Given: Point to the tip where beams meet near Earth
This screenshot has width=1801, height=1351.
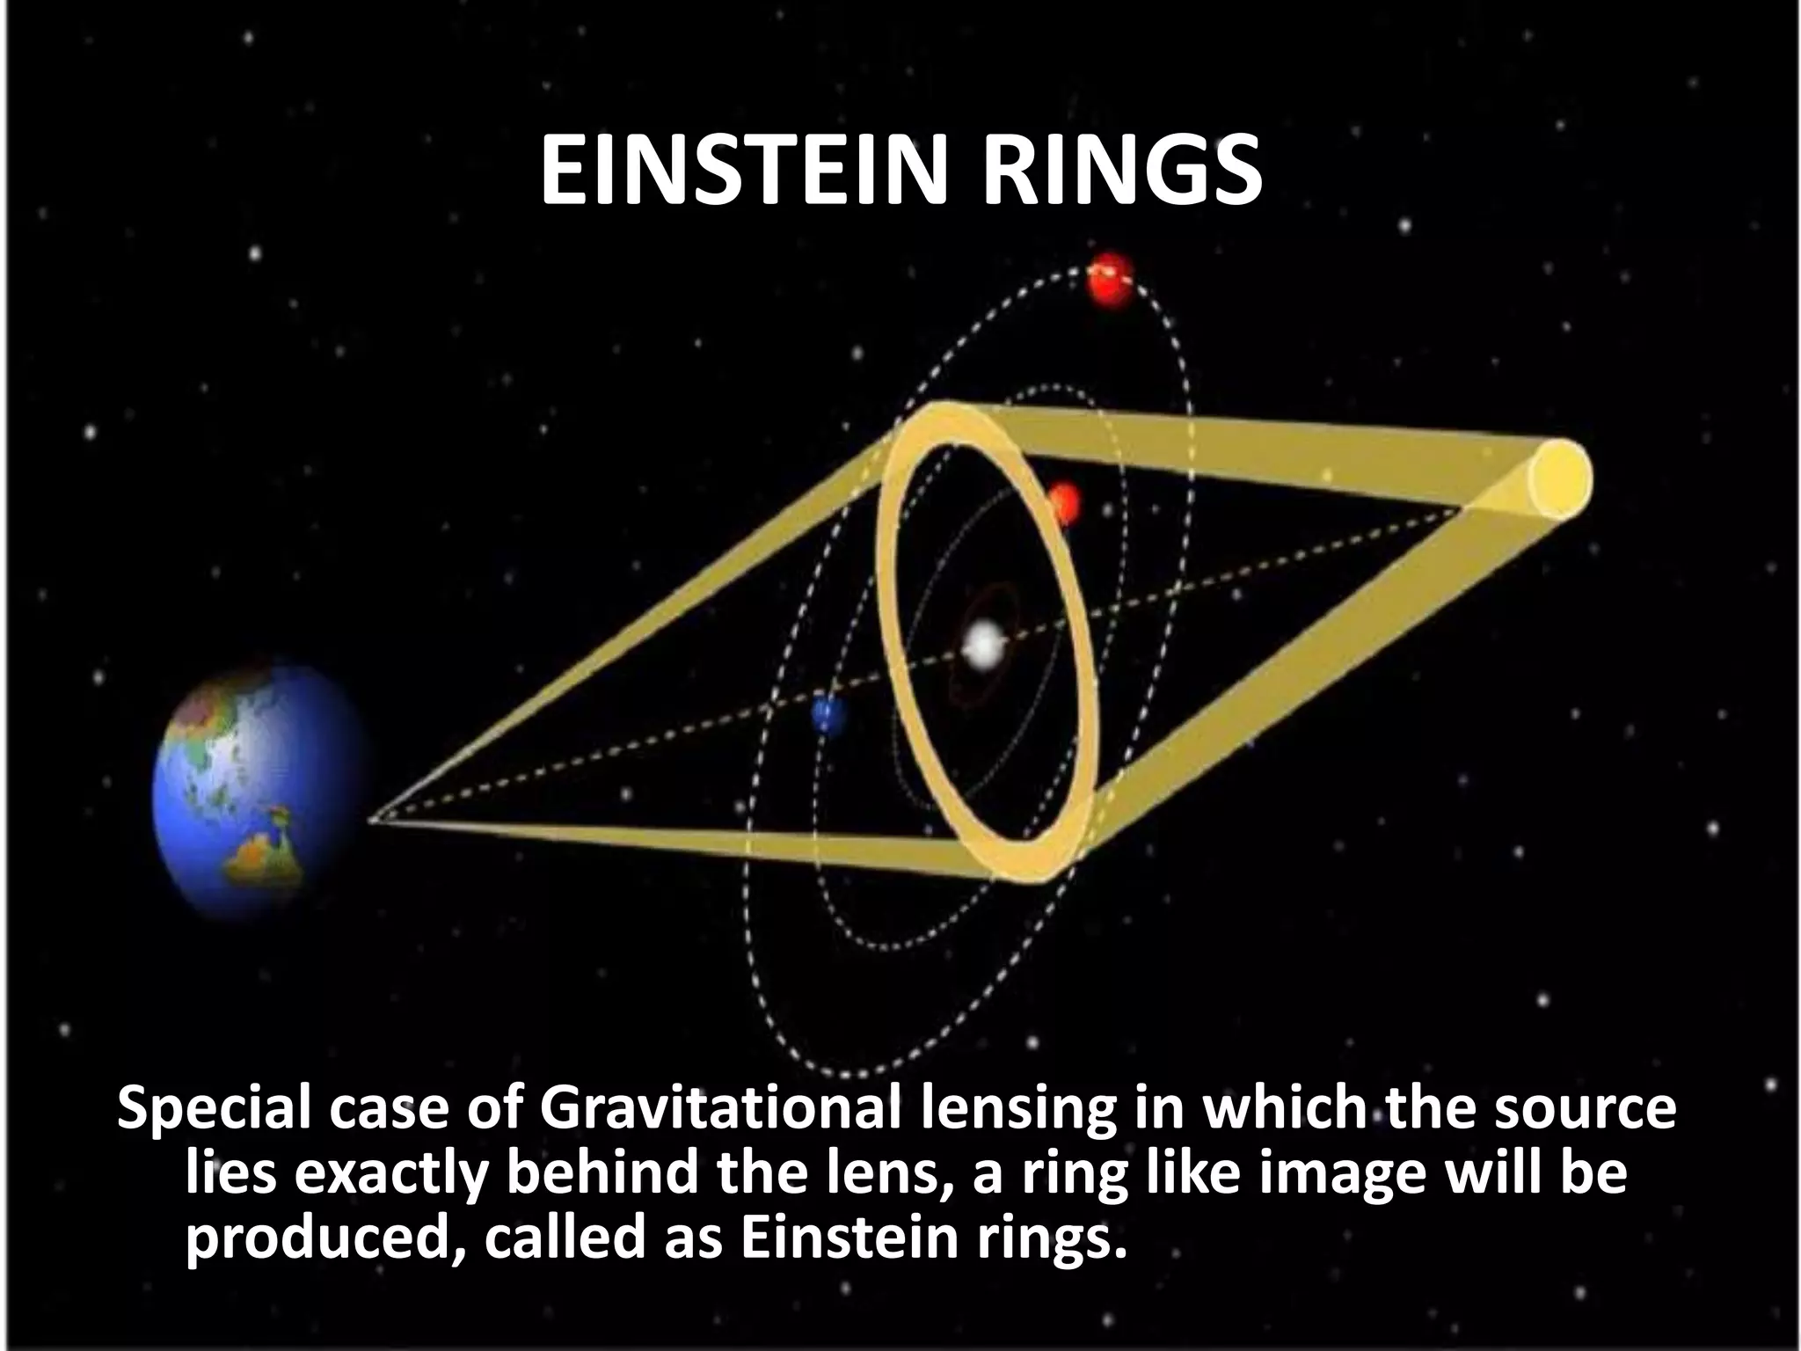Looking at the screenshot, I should (x=373, y=821).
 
